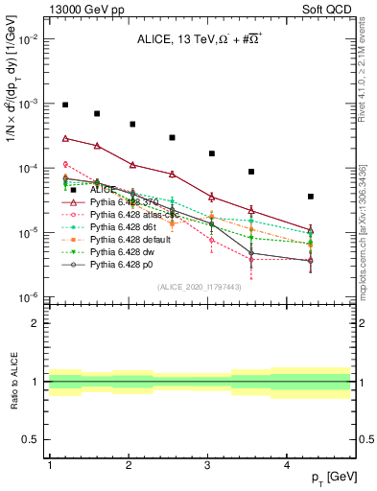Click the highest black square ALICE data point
coord(65,105)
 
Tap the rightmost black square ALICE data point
coord(311,197)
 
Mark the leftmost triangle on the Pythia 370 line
coord(65,138)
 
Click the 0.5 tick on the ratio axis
coord(31,439)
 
